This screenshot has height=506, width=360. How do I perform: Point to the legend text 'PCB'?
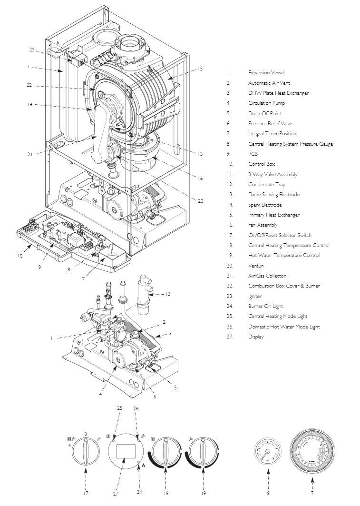pyautogui.click(x=253, y=154)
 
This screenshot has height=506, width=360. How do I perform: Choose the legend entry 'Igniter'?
pyautogui.click(x=256, y=296)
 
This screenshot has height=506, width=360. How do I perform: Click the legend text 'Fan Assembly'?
pyautogui.click(x=263, y=225)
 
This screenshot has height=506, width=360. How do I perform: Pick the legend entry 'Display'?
pyautogui.click(x=255, y=337)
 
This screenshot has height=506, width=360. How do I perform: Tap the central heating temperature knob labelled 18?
pyautogui.click(x=166, y=450)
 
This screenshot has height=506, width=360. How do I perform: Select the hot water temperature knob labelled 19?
pyautogui.click(x=204, y=450)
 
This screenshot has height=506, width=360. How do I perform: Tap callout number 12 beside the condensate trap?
pyautogui.click(x=167, y=294)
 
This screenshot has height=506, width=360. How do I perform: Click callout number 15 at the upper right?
pyautogui.click(x=200, y=69)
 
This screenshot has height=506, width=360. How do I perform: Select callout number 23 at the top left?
pyautogui.click(x=32, y=50)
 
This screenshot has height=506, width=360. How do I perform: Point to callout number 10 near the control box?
pyautogui.click(x=20, y=256)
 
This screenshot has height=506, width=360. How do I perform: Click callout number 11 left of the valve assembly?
pyautogui.click(x=53, y=338)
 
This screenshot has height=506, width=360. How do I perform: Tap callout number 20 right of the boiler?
pyautogui.click(x=200, y=201)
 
